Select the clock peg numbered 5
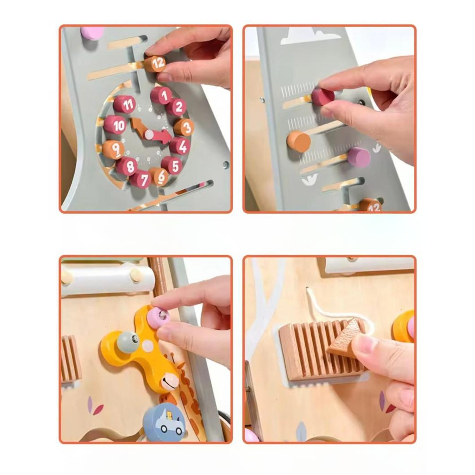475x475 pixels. [173, 166]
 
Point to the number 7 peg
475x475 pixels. [141, 180]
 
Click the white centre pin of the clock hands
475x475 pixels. [149, 134]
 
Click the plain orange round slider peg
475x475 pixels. [299, 142]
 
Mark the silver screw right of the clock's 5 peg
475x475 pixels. [225, 164]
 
